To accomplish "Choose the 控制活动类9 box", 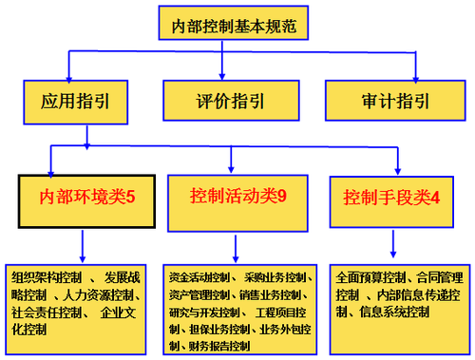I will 237,199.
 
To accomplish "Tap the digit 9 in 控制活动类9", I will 282,199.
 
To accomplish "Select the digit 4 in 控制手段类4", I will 435,199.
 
